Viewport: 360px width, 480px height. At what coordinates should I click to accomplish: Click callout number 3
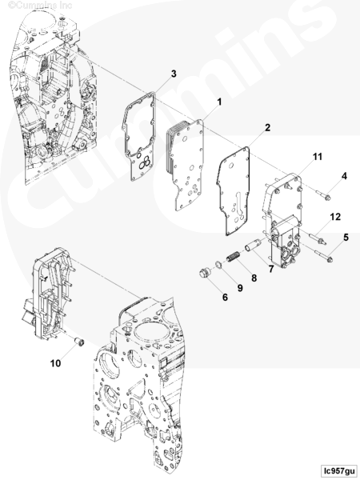pyautogui.click(x=174, y=74)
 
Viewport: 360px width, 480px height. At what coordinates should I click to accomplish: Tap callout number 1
pyautogui.click(x=219, y=102)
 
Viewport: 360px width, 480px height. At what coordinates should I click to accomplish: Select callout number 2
pyautogui.click(x=267, y=128)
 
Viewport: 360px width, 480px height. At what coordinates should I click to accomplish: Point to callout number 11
pyautogui.click(x=318, y=157)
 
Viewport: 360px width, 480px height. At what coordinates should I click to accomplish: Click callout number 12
pyautogui.click(x=335, y=217)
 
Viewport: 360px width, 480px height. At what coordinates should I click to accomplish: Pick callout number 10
pyautogui.click(x=55, y=363)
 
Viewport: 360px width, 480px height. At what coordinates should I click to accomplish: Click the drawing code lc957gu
pyautogui.click(x=338, y=470)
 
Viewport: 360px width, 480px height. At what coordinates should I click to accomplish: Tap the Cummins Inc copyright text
pyautogui.click(x=40, y=6)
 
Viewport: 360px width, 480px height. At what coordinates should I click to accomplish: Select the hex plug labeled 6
pyautogui.click(x=204, y=273)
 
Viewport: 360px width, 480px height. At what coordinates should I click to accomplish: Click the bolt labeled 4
pyautogui.click(x=323, y=194)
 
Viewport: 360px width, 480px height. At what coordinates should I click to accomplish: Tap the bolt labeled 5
pyautogui.click(x=323, y=256)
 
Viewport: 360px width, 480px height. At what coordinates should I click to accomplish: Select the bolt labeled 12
pyautogui.click(x=318, y=238)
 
